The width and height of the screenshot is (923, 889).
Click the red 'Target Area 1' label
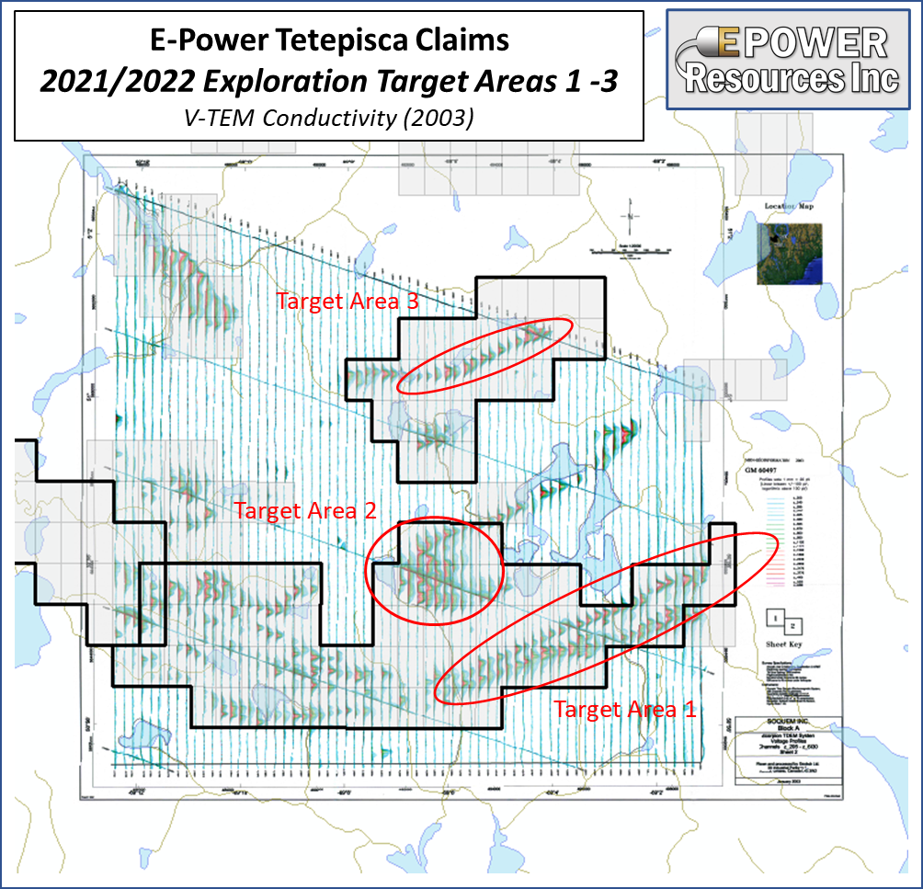click(x=625, y=709)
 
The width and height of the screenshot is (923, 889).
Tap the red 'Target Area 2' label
click(x=305, y=510)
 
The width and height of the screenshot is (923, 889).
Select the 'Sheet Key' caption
click(x=783, y=645)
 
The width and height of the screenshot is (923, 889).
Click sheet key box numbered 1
click(x=778, y=617)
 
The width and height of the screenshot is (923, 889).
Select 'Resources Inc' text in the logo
click(x=792, y=78)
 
